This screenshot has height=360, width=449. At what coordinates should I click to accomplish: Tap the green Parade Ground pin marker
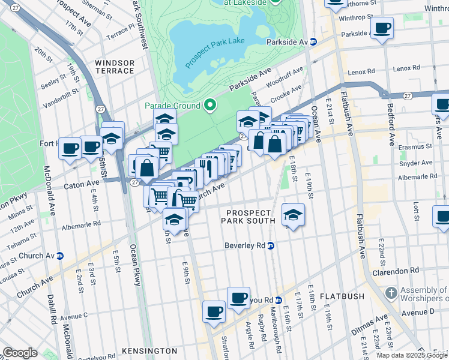point(209,106)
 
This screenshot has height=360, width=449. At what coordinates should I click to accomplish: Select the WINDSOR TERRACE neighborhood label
point(114,67)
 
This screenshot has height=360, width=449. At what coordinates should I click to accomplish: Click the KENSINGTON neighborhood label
point(149,350)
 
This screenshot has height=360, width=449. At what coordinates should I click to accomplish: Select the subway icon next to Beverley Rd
point(271,245)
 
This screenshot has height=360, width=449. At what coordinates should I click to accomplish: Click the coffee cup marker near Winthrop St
point(382,27)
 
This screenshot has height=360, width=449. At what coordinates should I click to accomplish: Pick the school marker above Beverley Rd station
point(293,215)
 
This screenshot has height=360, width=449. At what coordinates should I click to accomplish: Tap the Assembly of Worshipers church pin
point(390,293)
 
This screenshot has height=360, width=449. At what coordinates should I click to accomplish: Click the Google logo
point(20,352)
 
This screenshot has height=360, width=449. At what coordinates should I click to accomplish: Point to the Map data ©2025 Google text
point(407,355)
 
